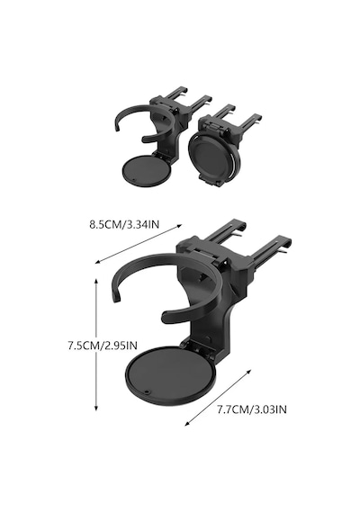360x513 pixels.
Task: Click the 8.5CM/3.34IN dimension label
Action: point(124,225)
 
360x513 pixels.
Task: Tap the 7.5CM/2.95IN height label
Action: point(103,346)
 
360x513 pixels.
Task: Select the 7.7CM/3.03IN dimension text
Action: point(252,409)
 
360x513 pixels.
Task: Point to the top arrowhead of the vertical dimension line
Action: point(96,281)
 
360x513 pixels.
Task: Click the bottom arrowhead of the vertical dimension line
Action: point(96,408)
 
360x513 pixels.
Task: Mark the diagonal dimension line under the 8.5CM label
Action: point(139,244)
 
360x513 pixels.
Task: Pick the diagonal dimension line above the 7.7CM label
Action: point(219,398)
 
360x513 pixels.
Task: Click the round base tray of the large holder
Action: point(170,374)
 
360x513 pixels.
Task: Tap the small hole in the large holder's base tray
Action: point(147,391)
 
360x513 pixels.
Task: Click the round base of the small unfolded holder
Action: point(147,170)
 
